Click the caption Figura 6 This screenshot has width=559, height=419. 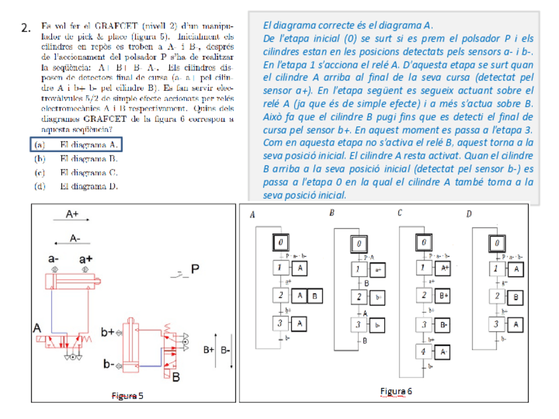point(397,391)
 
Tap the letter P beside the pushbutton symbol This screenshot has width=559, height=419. point(195,268)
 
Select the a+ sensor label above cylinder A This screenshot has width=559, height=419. point(86,259)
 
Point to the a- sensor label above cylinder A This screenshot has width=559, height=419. point(55,259)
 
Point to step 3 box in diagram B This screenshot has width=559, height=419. point(357,324)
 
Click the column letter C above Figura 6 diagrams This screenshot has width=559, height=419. point(400,213)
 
